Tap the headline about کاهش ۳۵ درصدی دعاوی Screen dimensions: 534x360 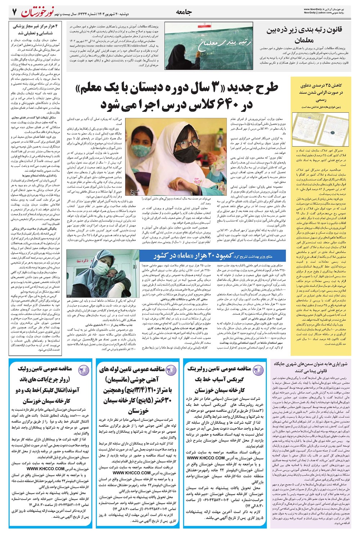click(x=321, y=92)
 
